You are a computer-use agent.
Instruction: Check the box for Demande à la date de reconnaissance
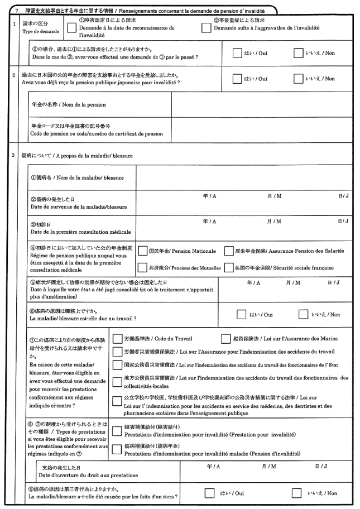71,28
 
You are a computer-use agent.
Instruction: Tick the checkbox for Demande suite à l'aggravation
206,28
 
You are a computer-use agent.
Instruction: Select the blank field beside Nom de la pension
262,104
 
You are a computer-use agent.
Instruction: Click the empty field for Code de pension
262,129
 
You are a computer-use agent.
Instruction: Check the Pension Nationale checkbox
142,251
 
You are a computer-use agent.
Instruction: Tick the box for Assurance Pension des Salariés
228,251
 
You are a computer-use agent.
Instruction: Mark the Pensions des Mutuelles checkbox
142,268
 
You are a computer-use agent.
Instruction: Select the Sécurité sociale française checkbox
228,268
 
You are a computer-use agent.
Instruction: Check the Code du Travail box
117,338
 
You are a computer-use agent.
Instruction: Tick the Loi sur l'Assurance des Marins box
225,338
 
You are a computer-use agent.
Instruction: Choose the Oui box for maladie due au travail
241,314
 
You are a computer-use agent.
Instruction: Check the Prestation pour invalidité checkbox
117,430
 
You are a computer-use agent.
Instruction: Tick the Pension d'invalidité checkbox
117,450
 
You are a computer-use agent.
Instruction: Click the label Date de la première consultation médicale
81,232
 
